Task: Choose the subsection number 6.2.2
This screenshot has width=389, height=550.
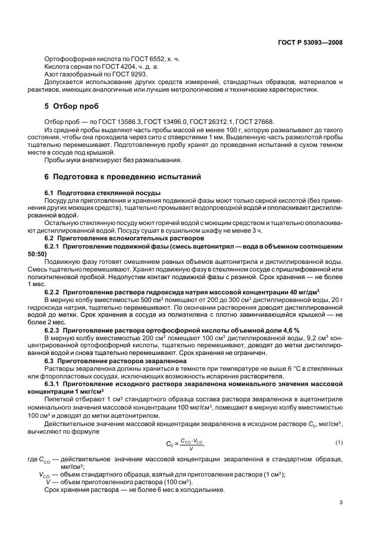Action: pos(53,292)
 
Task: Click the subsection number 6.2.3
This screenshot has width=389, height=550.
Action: pos(53,330)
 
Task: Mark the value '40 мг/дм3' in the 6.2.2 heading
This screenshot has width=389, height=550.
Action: pos(304,292)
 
